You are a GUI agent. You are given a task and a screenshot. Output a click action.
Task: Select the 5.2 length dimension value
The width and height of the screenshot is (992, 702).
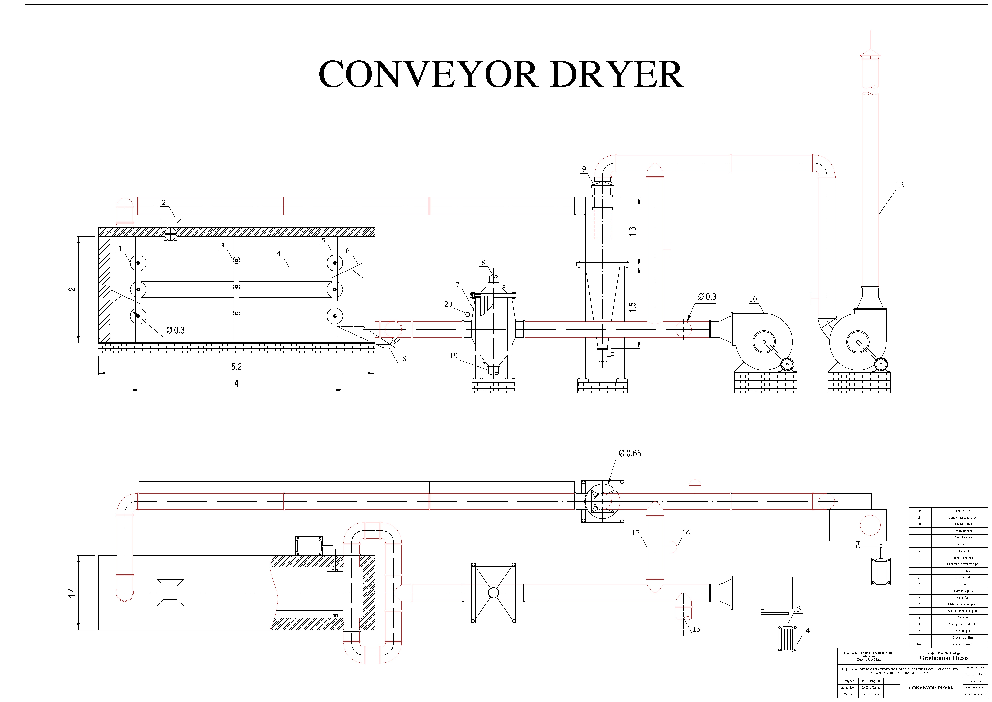pos(236,367)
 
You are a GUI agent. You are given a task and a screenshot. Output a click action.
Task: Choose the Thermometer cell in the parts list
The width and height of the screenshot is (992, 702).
pos(962,511)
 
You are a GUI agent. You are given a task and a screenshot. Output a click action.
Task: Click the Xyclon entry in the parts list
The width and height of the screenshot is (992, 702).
pos(962,584)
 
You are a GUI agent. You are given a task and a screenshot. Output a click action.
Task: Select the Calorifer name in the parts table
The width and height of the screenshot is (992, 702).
pos(962,597)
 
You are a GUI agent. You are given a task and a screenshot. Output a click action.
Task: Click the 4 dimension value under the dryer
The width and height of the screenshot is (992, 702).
pos(236,383)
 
